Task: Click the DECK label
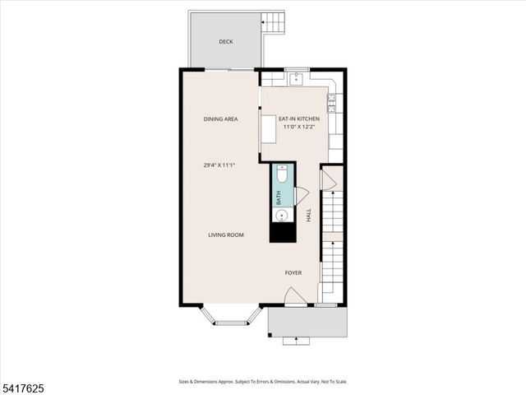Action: click(x=225, y=42)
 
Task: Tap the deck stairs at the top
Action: click(x=274, y=21)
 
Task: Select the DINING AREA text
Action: click(x=220, y=119)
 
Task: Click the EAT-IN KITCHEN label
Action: click(x=299, y=119)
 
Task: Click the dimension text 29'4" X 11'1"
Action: click(x=220, y=165)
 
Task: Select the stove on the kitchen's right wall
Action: click(x=332, y=102)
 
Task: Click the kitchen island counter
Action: click(x=269, y=129)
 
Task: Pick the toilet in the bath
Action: click(x=282, y=174)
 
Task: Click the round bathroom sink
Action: click(x=282, y=216)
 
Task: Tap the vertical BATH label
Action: click(x=279, y=197)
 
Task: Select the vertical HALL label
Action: click(x=309, y=215)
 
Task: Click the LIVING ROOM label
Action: click(x=225, y=235)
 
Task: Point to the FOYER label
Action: click(x=293, y=272)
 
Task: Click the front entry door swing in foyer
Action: click(x=295, y=296)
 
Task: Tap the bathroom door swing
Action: click(x=301, y=196)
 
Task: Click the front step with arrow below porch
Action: click(x=296, y=340)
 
